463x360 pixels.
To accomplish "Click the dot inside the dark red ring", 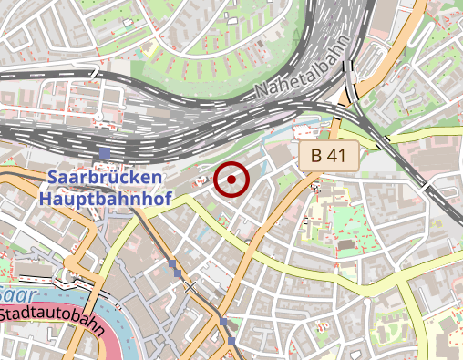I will [231, 180].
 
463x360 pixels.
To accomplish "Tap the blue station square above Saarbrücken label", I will [107, 152].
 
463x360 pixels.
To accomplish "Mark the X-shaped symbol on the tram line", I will [190, 288].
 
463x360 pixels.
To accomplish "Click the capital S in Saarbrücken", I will [52, 176].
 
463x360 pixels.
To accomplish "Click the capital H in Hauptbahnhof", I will [46, 196].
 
